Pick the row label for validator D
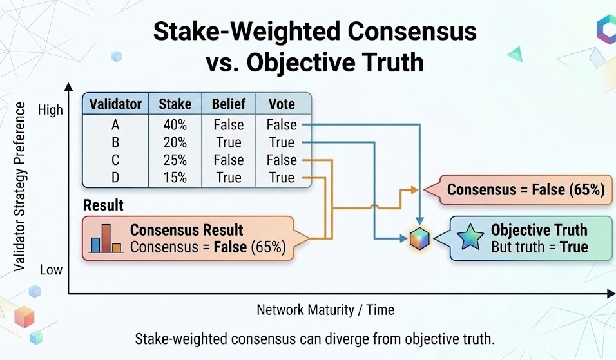pyautogui.click(x=116, y=178)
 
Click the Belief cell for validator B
pyautogui.click(x=229, y=142)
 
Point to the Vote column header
pyautogui.click(x=282, y=104)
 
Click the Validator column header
pyautogui.click(x=116, y=104)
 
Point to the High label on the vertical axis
pyautogui.click(x=51, y=109)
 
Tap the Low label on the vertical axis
pyautogui.click(x=51, y=270)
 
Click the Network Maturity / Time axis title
pyautogui.click(x=325, y=310)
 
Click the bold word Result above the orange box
pyautogui.click(x=104, y=206)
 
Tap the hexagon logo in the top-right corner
pyautogui.click(x=606, y=30)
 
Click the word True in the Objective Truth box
pyautogui.click(x=573, y=247)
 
